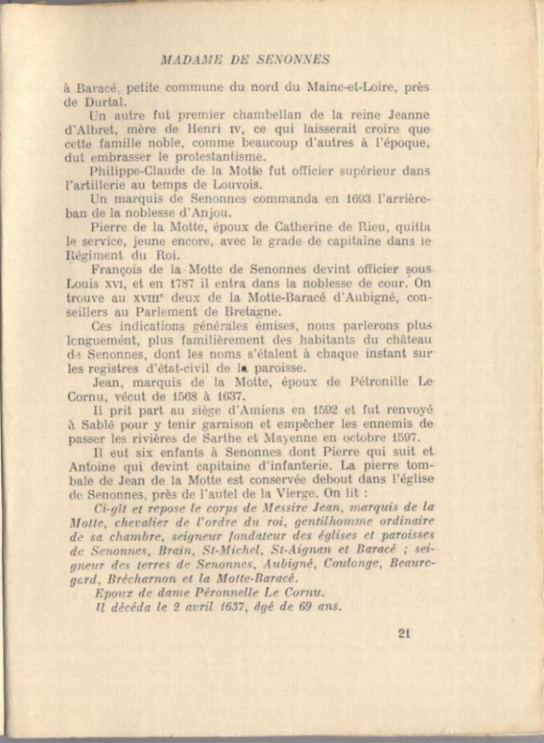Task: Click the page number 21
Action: tap(404, 634)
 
